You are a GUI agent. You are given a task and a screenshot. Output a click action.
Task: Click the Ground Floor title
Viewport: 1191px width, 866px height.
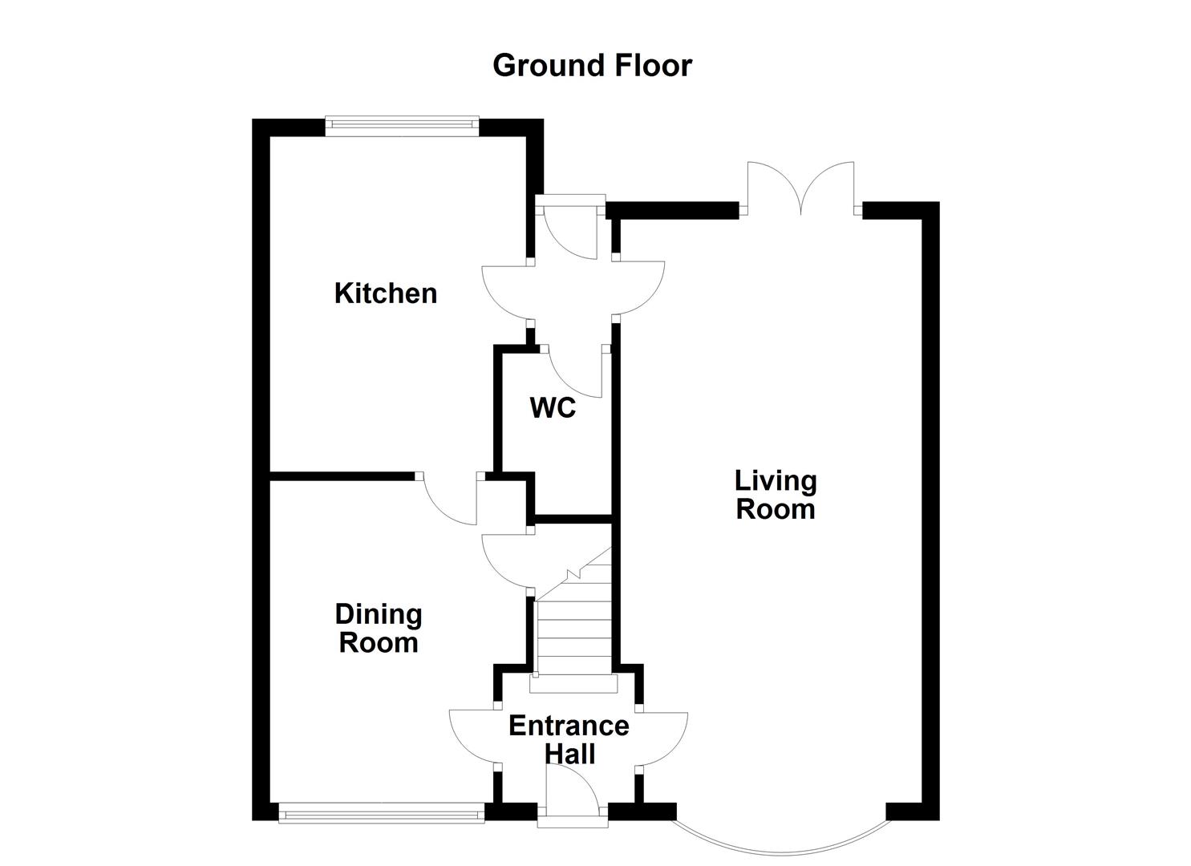click(x=592, y=65)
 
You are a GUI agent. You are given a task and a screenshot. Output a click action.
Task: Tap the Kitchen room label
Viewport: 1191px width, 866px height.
click(x=386, y=293)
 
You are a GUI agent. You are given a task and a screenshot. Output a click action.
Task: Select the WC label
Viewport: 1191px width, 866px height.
click(x=553, y=408)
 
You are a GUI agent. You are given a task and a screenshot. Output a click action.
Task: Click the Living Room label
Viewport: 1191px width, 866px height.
click(x=776, y=495)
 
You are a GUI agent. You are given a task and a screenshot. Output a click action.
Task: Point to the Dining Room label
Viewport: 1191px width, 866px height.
click(x=379, y=629)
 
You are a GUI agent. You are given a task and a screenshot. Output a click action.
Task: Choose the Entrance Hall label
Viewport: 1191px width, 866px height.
click(x=569, y=739)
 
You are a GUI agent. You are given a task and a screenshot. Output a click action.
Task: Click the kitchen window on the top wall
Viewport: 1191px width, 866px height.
click(x=402, y=124)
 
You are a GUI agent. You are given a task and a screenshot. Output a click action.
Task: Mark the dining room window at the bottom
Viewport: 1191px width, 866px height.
click(x=382, y=814)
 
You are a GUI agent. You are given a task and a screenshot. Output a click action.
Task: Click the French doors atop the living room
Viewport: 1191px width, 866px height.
click(x=800, y=188)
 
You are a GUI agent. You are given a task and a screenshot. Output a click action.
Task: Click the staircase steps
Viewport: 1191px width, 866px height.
click(x=573, y=633)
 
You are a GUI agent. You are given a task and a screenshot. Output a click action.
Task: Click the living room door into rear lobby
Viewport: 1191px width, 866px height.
click(x=640, y=289)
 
